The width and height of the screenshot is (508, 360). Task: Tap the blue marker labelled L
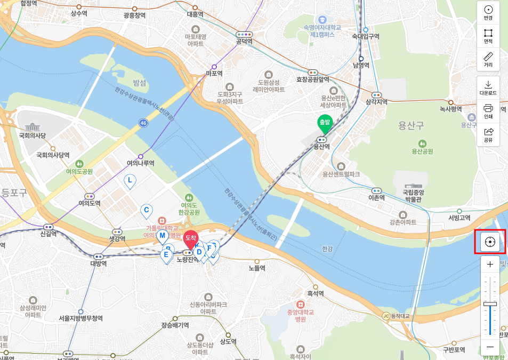tap(129, 181)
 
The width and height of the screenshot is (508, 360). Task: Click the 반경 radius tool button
tap(488, 12)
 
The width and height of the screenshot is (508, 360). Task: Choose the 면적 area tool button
tap(488, 36)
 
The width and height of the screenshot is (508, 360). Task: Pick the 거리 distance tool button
tap(488, 59)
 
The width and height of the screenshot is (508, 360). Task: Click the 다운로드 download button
tap(488, 87)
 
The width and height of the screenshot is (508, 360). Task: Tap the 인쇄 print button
tap(488, 111)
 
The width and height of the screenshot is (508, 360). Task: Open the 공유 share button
tap(488, 134)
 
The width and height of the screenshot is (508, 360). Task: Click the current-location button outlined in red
tap(490, 242)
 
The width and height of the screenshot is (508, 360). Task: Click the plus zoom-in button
tap(490, 265)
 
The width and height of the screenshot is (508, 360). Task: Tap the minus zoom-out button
tap(490, 347)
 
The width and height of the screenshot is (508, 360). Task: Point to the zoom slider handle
tap(490, 303)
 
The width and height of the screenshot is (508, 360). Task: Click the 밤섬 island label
tap(140, 83)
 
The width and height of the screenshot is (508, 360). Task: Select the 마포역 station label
tap(214, 74)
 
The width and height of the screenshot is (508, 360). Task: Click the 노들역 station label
tap(257, 268)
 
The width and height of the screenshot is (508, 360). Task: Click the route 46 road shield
tap(143, 123)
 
